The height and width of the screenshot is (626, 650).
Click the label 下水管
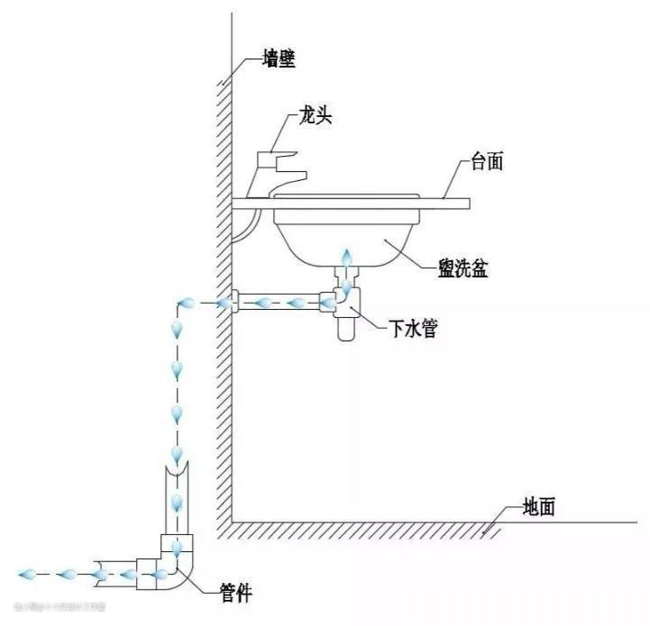pyautogui.click(x=414, y=330)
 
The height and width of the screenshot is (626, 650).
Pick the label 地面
pyautogui.click(x=538, y=507)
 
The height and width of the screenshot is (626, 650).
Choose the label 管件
pyautogui.click(x=236, y=592)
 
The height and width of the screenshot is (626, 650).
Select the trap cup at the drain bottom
pyautogui.click(x=345, y=327)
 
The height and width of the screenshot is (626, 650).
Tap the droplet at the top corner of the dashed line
pyautogui.click(x=187, y=304)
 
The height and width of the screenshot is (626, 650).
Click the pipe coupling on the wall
pyautogui.click(x=231, y=303)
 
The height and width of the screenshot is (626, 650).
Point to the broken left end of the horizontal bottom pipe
pyautogui.click(x=97, y=573)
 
